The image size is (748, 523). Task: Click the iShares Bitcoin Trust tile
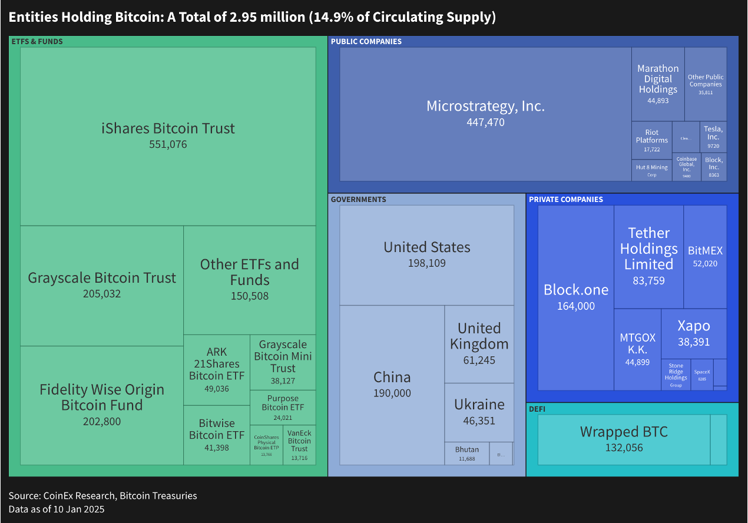pos(168,136)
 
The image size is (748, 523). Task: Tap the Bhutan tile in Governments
pos(467,454)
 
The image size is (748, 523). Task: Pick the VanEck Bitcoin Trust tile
pos(299,445)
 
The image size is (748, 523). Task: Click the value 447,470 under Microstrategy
pos(485,123)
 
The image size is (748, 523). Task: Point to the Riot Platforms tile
pos(651,140)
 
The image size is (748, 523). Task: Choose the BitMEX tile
pos(705,256)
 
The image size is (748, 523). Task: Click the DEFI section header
pos(537,409)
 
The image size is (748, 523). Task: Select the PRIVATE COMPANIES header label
pos(565,199)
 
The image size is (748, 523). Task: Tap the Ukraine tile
pos(479,412)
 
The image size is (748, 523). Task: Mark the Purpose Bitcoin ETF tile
pos(283,408)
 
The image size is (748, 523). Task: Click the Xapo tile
pos(693,333)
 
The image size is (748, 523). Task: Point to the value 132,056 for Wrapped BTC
pos(624,448)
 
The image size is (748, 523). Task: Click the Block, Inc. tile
pos(714,167)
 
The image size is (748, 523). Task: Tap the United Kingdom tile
pos(479,344)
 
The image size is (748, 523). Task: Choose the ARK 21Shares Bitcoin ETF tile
pos(217,370)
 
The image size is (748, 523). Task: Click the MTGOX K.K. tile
pos(637,349)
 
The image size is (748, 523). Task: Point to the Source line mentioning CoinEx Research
pos(102,495)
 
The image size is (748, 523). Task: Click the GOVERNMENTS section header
pos(359,199)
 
